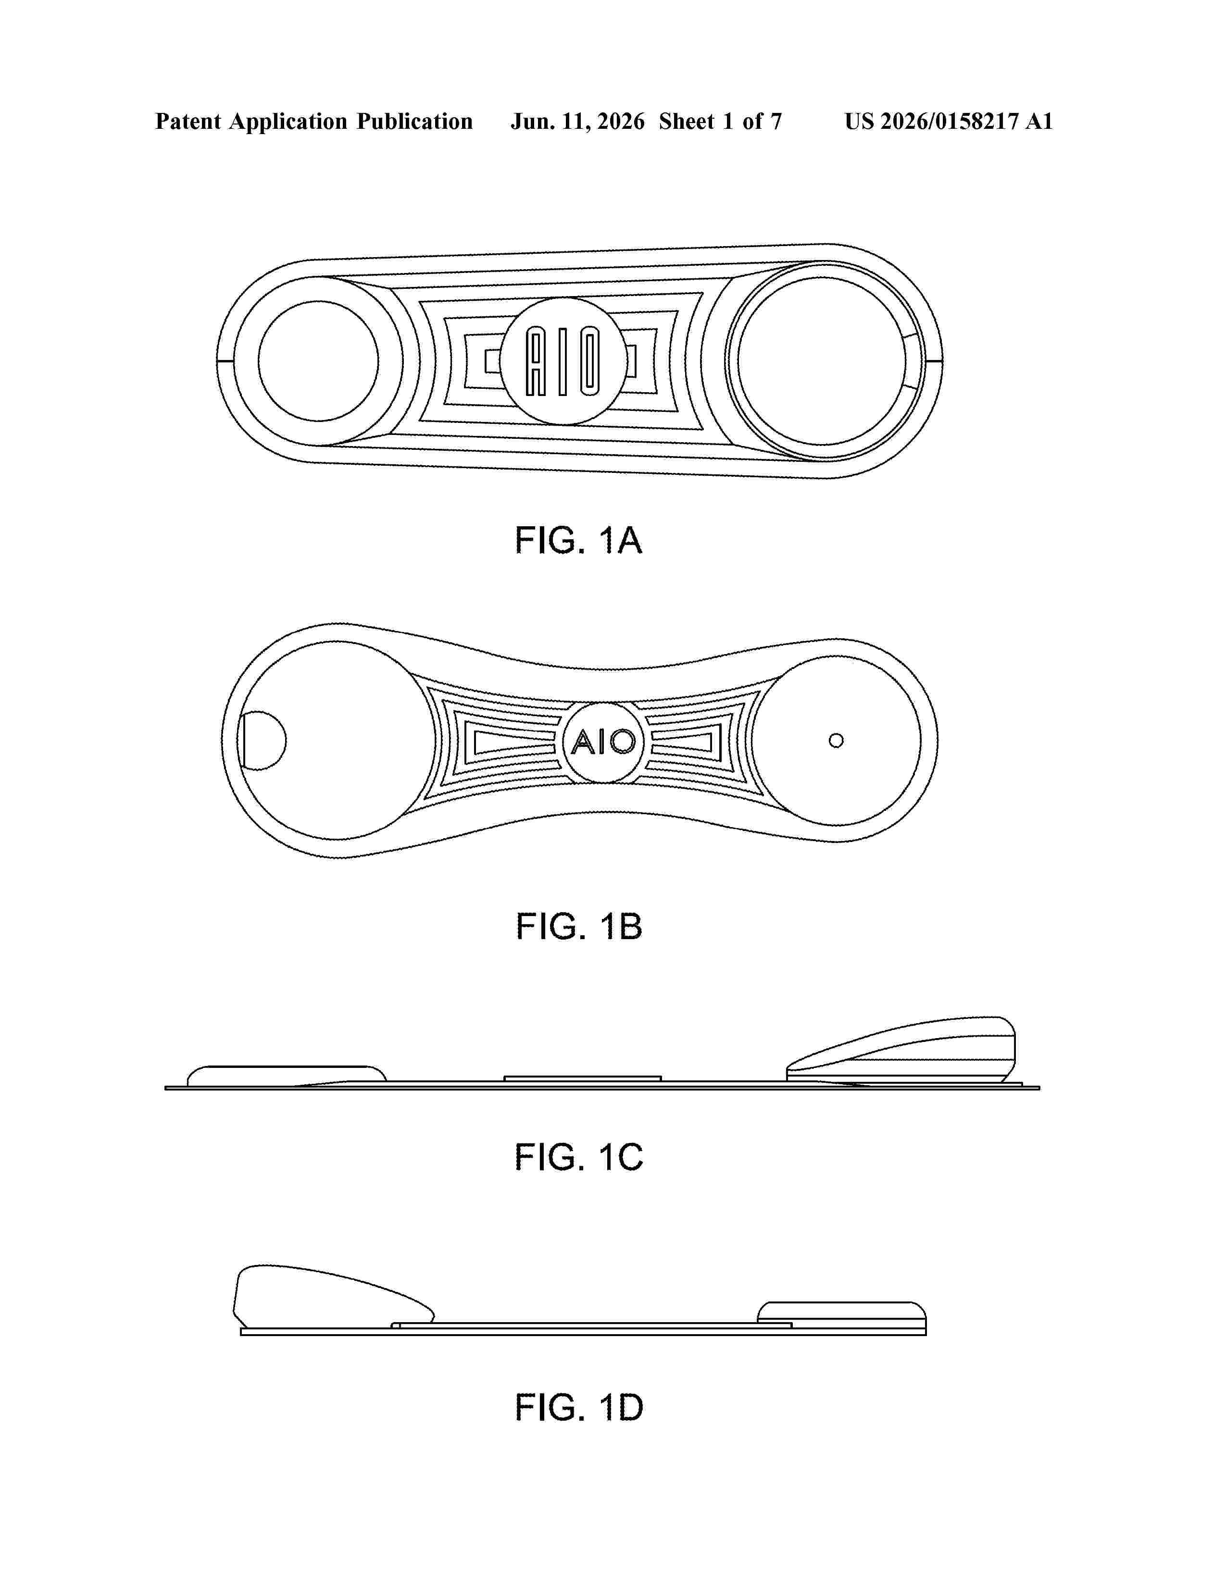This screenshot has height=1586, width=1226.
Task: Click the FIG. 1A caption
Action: pyautogui.click(x=578, y=540)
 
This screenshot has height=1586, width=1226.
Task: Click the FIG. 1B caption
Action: pyautogui.click(x=579, y=926)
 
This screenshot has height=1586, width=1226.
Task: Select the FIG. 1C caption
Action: pyautogui.click(x=579, y=1157)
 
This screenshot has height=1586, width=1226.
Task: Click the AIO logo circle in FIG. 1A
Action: pyautogui.click(x=563, y=361)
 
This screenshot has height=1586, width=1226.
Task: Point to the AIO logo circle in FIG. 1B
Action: pyautogui.click(x=603, y=742)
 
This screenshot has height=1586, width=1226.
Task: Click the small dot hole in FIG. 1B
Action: pyautogui.click(x=836, y=741)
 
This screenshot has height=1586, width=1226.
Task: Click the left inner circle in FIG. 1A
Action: pyautogui.click(x=318, y=361)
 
